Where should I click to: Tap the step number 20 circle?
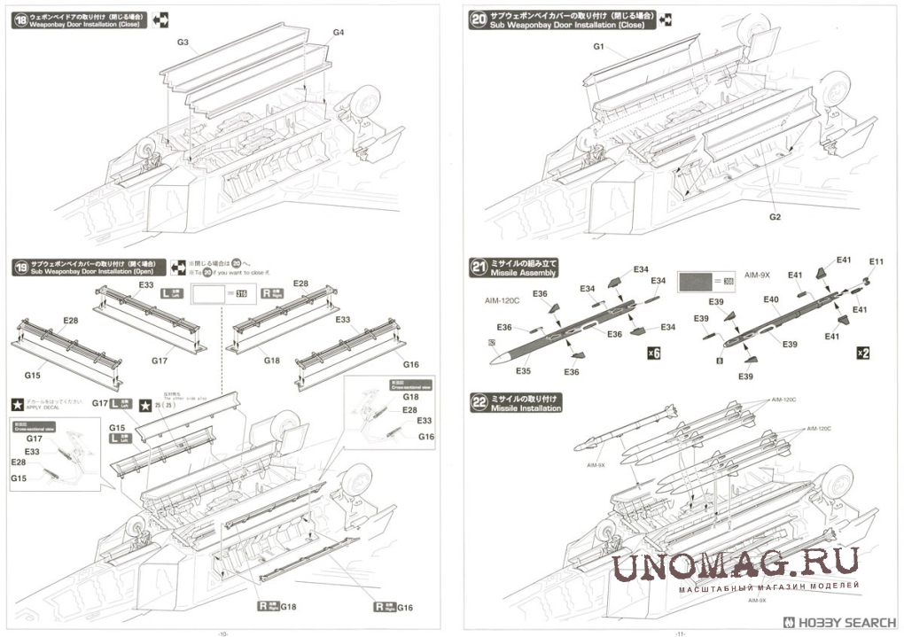tap(479, 19)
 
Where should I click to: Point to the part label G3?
tap(183, 43)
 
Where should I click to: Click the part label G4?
tap(339, 33)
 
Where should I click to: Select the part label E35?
tap(523, 371)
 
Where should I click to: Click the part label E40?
tap(770, 300)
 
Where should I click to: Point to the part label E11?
tap(877, 261)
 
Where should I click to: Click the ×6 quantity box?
tap(654, 353)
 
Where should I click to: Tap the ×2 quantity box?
tap(863, 353)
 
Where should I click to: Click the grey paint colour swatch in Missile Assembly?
tap(699, 282)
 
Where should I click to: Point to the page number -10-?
tap(222, 633)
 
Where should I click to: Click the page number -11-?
tap(681, 633)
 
